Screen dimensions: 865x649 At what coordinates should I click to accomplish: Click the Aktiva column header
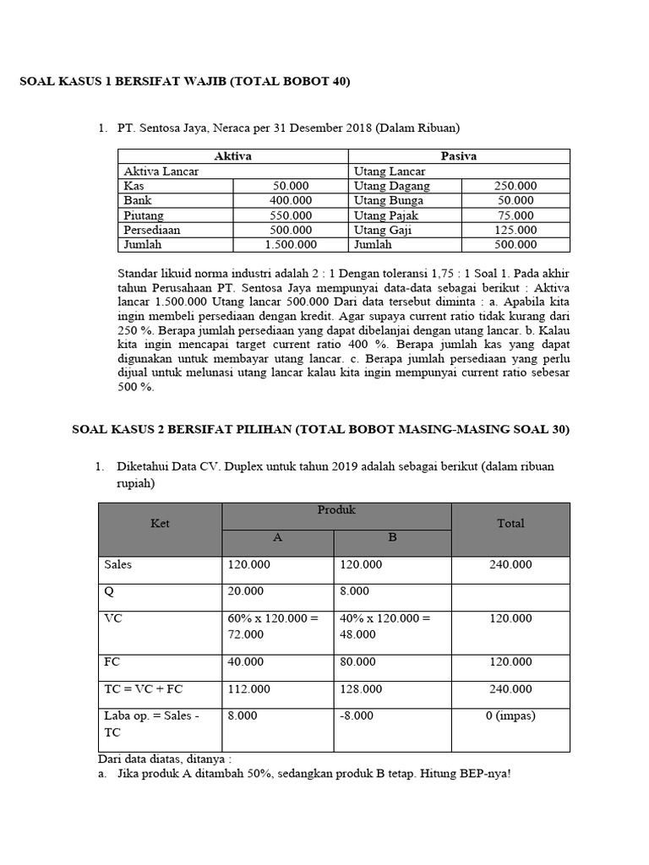point(232,156)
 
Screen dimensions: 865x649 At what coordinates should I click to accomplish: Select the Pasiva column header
point(459,156)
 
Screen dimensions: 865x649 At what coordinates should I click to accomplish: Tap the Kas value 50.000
point(291,186)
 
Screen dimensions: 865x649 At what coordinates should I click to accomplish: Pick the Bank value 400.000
point(291,201)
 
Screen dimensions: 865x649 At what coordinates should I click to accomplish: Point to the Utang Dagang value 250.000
point(515,186)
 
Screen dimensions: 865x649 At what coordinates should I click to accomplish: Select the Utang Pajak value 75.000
point(515,215)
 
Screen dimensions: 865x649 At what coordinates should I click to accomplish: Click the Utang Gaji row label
point(381,230)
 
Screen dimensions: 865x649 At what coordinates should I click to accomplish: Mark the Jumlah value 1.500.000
point(291,245)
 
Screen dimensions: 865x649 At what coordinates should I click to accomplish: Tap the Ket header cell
point(161,524)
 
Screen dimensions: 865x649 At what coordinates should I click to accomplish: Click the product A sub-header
point(278,537)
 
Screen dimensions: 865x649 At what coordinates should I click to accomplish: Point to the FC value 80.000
point(359,662)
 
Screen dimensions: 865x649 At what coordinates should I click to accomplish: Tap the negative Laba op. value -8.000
point(357,715)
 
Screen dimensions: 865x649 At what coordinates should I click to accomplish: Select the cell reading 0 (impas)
point(510,715)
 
